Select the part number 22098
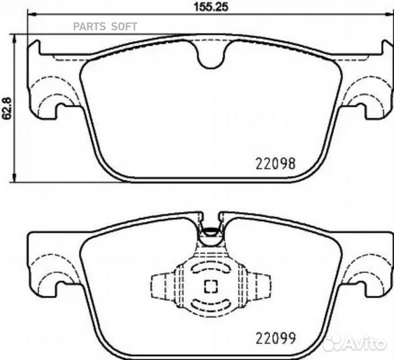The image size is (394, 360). [x=276, y=162]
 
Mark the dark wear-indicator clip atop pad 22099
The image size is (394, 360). [x=211, y=233]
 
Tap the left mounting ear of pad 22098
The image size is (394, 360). [x=47, y=87]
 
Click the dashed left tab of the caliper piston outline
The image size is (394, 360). [x=159, y=287]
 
